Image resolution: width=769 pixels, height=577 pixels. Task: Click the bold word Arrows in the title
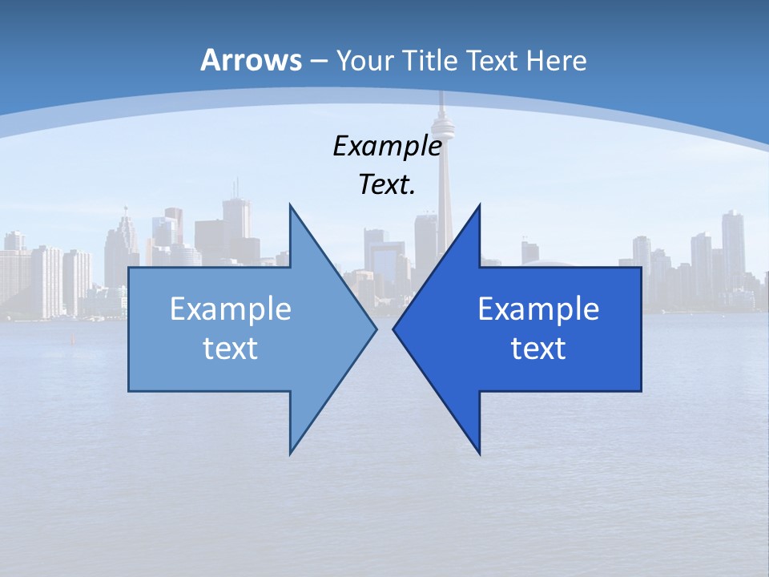(x=251, y=60)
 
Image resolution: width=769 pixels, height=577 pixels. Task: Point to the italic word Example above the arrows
(x=387, y=146)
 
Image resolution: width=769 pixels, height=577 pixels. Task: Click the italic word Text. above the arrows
(x=387, y=185)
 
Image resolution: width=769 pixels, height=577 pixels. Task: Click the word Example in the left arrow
(x=231, y=309)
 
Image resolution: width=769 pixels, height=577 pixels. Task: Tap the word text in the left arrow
(x=231, y=348)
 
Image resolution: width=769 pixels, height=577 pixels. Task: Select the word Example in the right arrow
(x=538, y=309)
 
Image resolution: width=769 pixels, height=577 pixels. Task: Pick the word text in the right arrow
(x=538, y=348)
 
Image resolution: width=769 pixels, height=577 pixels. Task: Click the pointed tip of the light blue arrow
(x=376, y=329)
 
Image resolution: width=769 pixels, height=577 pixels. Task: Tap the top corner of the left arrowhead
(x=290, y=205)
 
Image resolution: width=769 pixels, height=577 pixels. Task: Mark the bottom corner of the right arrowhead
(x=479, y=454)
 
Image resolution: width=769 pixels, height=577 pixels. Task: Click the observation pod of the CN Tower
(x=440, y=124)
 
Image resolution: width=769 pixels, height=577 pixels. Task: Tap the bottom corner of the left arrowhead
(x=290, y=454)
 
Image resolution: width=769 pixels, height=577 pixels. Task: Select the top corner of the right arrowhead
(x=479, y=205)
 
